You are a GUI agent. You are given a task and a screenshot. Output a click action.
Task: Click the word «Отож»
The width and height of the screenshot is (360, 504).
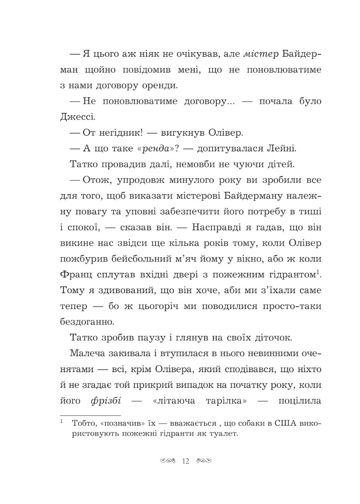click(95, 182)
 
